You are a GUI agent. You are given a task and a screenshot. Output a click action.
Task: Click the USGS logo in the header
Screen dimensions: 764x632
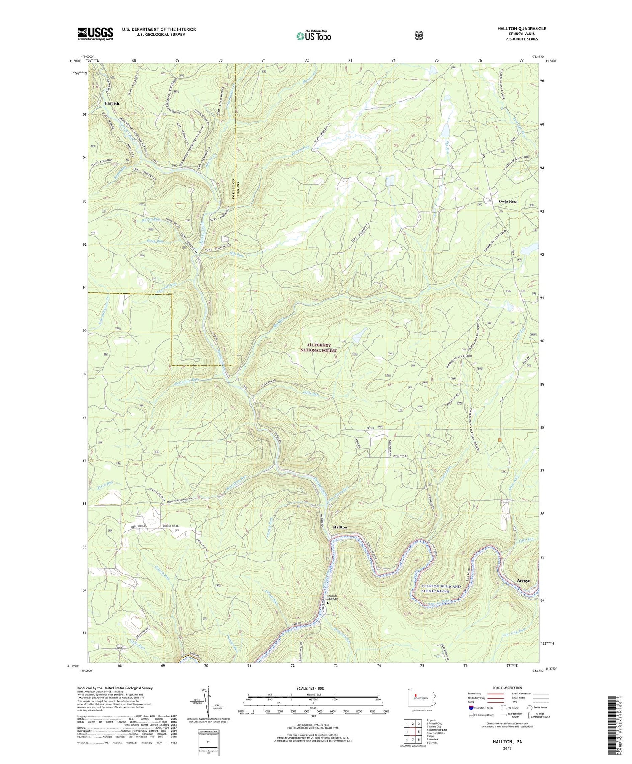point(95,34)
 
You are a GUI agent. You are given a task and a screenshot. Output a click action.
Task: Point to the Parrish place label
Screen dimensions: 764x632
point(112,103)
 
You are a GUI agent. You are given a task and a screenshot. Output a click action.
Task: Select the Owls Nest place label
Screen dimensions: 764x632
point(508,201)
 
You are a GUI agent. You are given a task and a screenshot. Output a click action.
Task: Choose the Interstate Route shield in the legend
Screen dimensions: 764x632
point(471,708)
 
